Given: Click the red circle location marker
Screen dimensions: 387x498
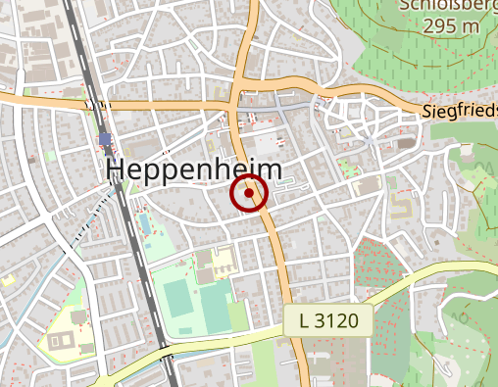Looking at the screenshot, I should coord(249,193).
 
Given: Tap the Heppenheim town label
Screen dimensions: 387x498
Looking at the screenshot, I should coord(193,169).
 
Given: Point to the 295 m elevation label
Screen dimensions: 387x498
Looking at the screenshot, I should coord(452,25).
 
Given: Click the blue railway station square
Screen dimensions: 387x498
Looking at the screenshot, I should coord(105,138).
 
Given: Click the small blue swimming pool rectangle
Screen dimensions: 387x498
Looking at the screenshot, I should coord(145,223).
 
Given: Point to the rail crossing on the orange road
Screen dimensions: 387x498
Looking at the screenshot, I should coord(95,102).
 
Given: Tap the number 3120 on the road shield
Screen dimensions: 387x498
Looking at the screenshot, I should coord(344,320).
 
